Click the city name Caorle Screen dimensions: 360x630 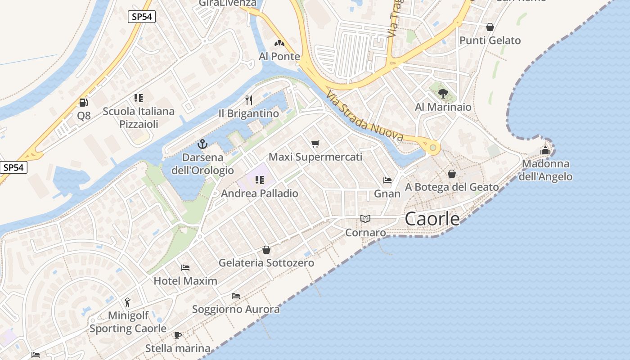432,219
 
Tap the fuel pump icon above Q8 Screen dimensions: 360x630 83,103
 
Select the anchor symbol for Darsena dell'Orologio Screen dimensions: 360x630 202,144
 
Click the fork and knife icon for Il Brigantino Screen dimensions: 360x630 249,100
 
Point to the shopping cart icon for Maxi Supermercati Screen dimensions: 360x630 315,144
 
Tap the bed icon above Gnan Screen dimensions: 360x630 387,180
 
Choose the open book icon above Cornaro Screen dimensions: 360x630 365,219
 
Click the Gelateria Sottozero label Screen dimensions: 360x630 266,263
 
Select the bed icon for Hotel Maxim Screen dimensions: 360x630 185,268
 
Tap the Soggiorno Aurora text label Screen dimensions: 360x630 236,310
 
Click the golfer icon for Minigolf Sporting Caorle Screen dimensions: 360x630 128,302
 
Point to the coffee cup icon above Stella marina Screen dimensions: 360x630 178,335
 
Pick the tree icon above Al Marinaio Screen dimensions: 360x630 443,94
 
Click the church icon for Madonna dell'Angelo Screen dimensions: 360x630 545,150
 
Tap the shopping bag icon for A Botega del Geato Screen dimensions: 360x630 452,173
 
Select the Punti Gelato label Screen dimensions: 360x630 490,40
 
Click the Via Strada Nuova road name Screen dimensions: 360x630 364,116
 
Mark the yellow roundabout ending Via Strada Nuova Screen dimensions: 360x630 433,147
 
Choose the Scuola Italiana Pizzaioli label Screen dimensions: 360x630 139,117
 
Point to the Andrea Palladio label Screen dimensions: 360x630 260,193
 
